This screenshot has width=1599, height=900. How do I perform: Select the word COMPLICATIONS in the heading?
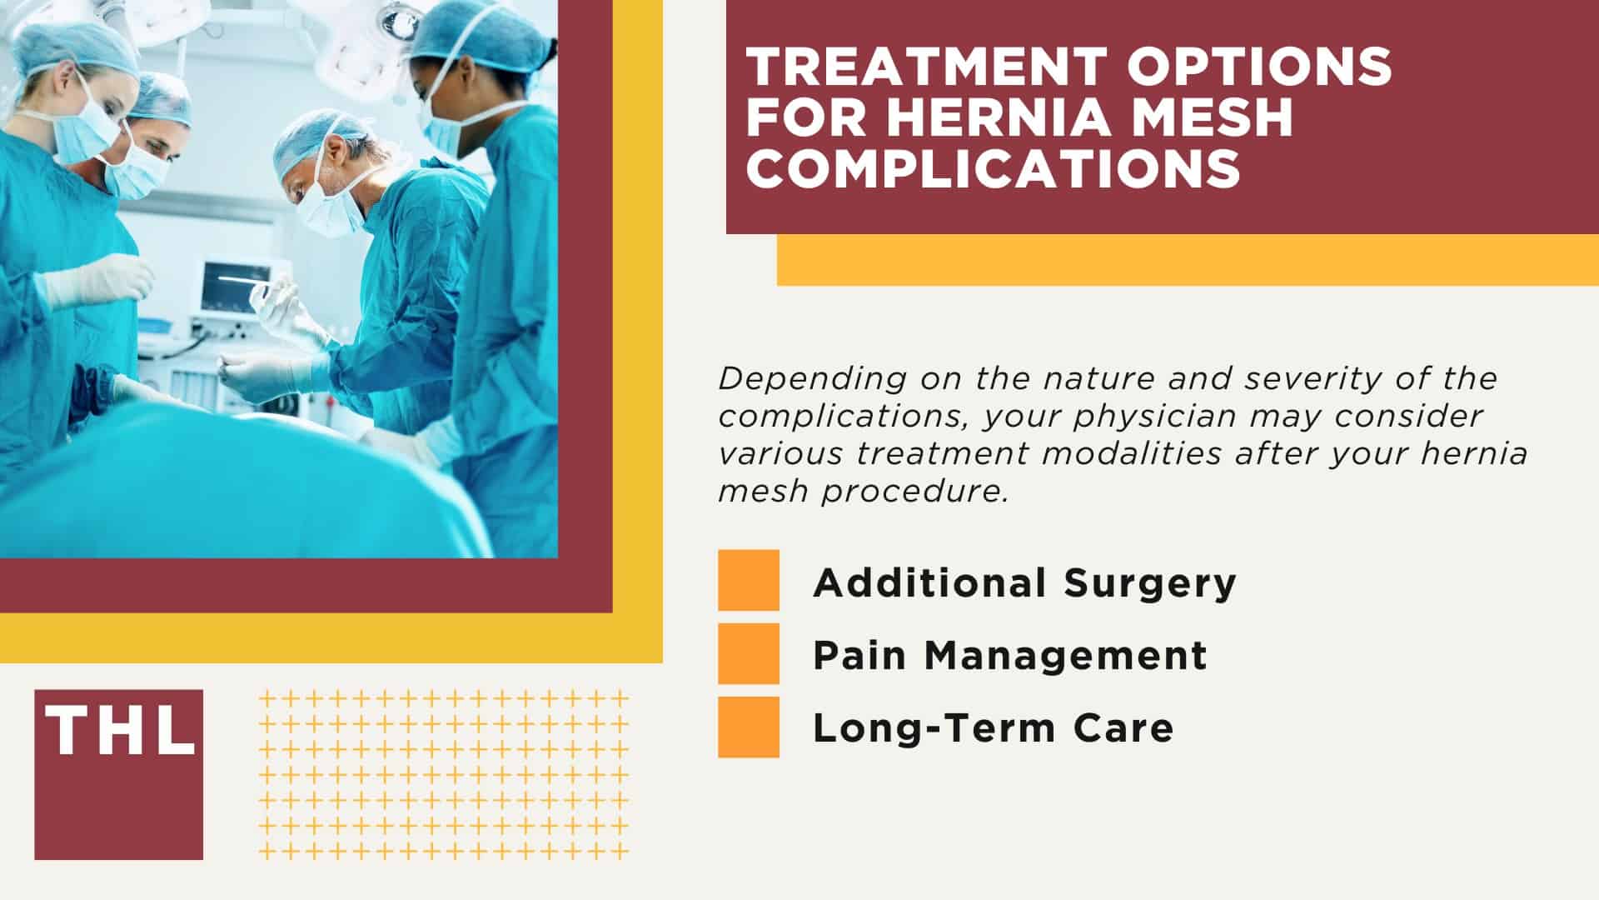[x=993, y=167]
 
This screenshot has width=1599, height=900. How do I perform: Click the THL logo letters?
[x=119, y=731]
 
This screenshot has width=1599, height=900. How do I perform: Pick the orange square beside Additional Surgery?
[x=749, y=581]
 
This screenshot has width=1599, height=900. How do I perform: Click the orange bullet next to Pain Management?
[x=749, y=654]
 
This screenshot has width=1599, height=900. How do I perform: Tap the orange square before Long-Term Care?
[x=749, y=727]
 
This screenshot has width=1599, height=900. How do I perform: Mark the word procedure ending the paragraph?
[x=915, y=492]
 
